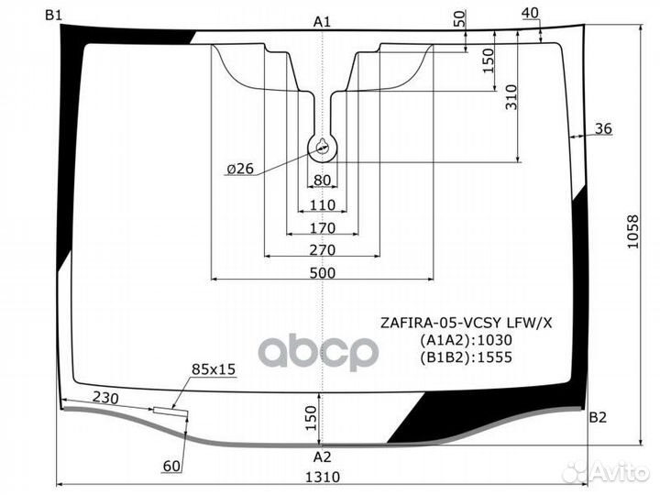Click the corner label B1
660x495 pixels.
53,16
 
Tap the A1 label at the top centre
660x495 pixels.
322,22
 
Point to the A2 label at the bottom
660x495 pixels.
323,456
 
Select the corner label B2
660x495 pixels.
598,417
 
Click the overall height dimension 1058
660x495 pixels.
632,232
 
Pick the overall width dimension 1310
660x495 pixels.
323,477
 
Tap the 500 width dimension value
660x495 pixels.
323,273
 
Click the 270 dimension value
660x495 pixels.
323,250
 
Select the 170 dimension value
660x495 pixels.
323,227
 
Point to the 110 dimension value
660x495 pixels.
323,205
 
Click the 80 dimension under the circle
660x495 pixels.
323,181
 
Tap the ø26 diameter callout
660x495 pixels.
240,169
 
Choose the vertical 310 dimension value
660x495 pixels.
511,97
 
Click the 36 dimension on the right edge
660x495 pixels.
603,128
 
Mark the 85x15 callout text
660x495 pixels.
214,369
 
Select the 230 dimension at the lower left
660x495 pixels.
105,397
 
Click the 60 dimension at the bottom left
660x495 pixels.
171,466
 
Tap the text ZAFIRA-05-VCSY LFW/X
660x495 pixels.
466,323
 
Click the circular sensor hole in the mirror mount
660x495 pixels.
323,148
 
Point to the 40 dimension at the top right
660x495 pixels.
530,13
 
